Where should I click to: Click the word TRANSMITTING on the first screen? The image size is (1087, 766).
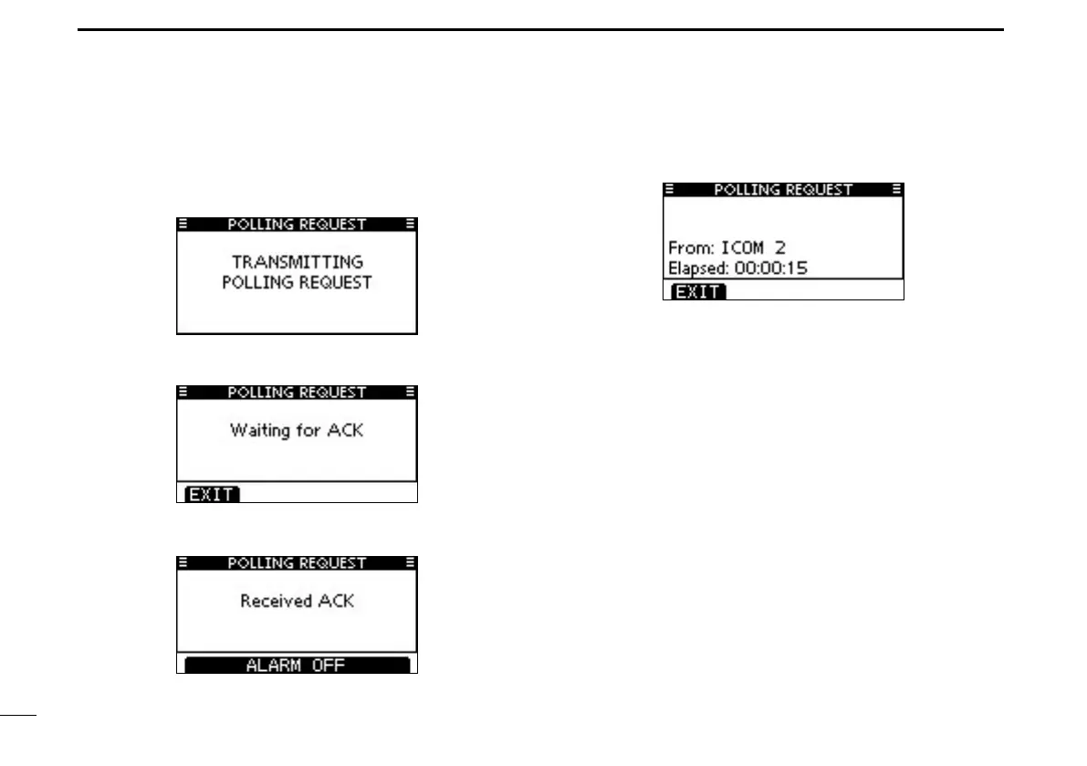pos(297,262)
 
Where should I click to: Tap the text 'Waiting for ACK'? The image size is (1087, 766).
pos(297,429)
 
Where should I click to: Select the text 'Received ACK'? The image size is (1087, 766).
pos(297,601)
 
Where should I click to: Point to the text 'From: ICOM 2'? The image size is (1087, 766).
pos(726,247)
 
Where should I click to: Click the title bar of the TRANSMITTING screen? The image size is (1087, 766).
pos(297,224)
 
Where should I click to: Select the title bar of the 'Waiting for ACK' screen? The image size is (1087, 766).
pos(297,393)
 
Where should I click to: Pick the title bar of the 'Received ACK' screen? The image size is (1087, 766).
pos(297,563)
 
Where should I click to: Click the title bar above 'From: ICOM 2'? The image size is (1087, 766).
pos(783,190)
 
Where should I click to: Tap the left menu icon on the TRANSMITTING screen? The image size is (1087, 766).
pos(183,224)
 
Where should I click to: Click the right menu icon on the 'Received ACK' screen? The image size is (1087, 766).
pos(411,563)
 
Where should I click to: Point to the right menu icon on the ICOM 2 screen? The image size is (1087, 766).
pos(896,190)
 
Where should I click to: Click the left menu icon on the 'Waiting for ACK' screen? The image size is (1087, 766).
pos(183,393)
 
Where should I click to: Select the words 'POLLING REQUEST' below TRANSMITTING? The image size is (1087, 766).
pos(297,283)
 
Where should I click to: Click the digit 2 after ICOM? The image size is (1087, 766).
pos(779,247)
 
